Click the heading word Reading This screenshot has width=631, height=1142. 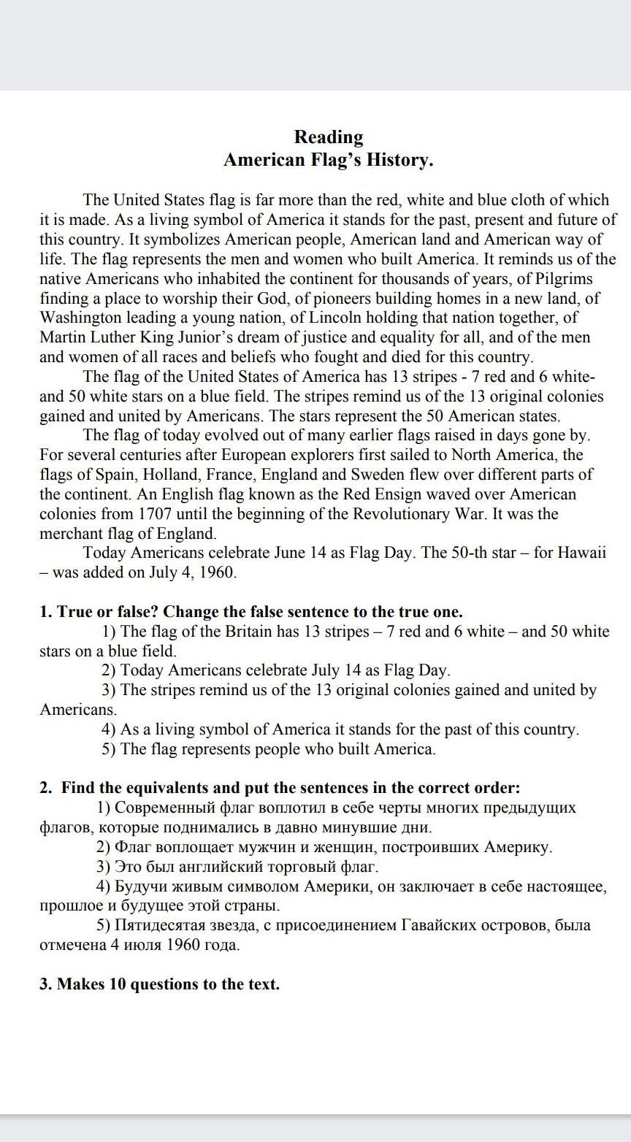pos(328,137)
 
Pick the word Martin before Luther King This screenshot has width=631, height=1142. pos(64,337)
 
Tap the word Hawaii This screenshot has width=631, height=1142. pos(581,553)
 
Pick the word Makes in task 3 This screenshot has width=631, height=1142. pos(80,984)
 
